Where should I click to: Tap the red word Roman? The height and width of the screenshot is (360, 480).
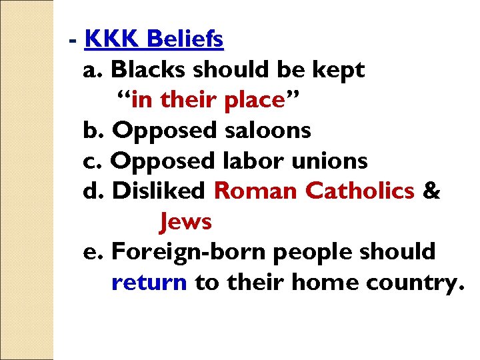point(256,191)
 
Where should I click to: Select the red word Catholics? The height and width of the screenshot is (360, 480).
point(359,191)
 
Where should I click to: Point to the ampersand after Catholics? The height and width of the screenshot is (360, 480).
point(431,191)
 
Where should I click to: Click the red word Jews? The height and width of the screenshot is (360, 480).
point(185,221)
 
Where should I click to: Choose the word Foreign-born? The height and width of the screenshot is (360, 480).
point(189,252)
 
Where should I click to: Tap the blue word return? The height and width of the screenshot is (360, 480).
point(149,283)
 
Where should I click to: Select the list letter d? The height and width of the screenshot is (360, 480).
point(91,191)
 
